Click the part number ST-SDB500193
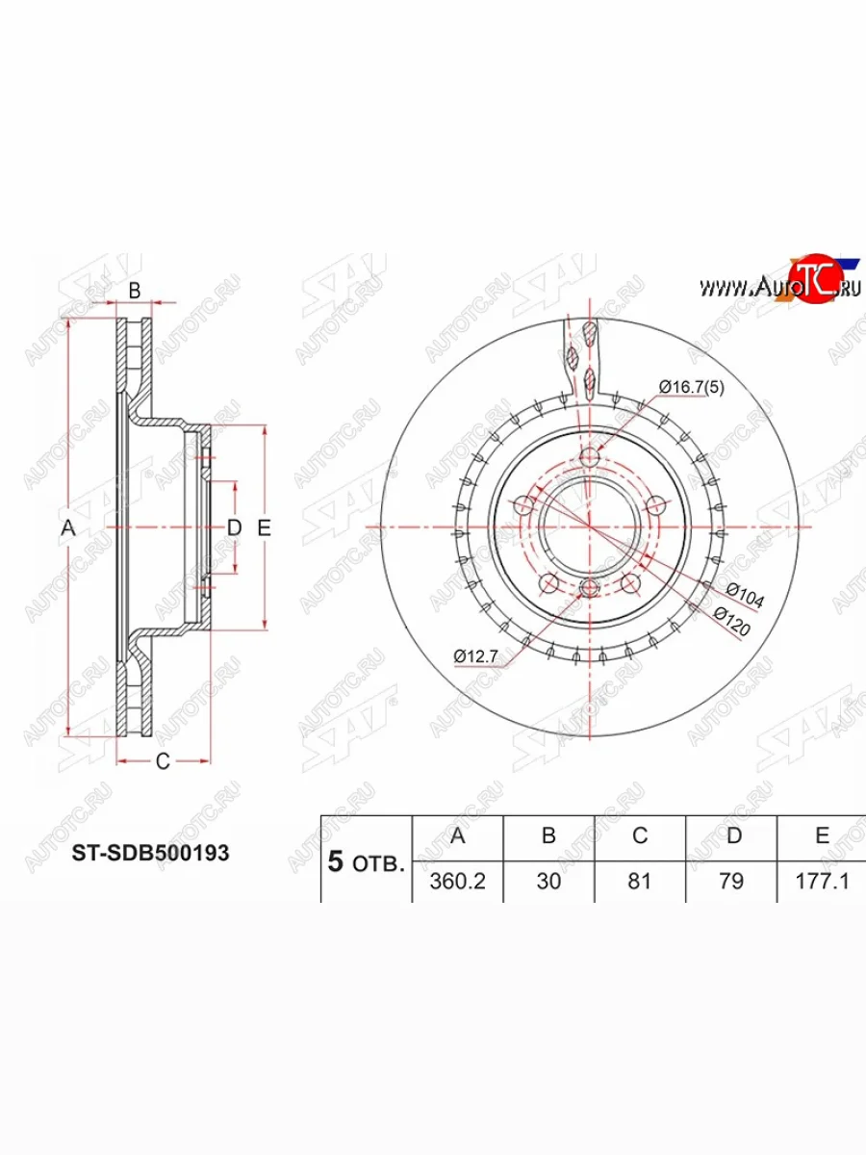coord(151,853)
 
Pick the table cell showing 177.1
coord(823,881)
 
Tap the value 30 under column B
coord(548,881)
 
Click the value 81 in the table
coord(640,881)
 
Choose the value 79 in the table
coord(731,881)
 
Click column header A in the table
coord(458,835)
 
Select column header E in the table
coord(822,835)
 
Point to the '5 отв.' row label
coord(366,861)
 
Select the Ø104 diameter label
coord(744,595)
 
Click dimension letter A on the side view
coord(67,527)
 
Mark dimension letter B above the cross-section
coord(136,290)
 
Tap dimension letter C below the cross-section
coord(163,761)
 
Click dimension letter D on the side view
coord(233,527)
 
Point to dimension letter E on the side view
coord(265,527)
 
